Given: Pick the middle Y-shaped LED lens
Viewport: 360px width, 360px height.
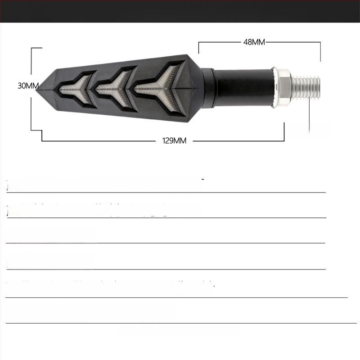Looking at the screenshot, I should pos(114,85).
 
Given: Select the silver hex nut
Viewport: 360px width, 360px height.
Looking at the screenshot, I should pos(281,87).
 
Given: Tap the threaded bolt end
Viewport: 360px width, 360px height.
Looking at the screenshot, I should pos(307,87).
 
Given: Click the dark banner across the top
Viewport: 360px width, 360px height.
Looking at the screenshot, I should pos(180,11).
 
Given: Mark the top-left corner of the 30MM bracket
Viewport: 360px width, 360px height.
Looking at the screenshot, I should pos(31,47).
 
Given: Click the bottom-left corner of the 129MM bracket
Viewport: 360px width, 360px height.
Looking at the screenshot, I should pos(42,141).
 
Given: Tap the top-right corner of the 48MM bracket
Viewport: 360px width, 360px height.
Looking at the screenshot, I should pos(320,43).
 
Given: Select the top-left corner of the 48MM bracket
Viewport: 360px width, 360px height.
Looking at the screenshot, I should pos(199,43).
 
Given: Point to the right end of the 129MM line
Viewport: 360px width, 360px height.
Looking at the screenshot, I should pos(284,140).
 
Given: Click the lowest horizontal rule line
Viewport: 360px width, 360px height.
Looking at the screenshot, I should pos(180,323).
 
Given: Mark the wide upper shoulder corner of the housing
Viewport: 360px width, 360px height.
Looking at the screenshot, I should pos(185,56).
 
